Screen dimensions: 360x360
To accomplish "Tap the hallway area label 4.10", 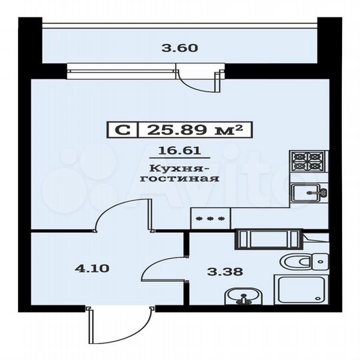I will click(x=88, y=270).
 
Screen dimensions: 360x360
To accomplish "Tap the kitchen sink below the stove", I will click(x=309, y=193).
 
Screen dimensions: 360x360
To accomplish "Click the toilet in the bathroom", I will click(x=303, y=261).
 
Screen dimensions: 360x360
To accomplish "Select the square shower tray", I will click(x=301, y=293).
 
